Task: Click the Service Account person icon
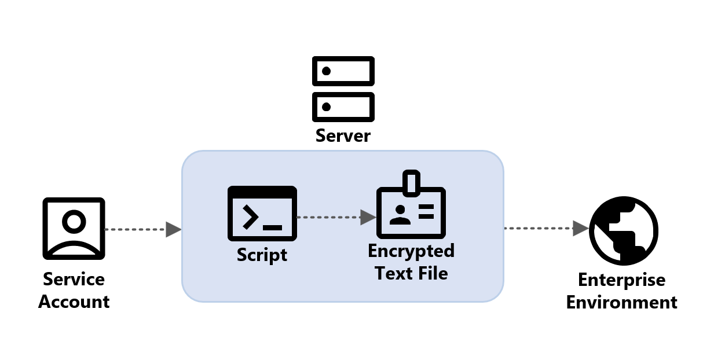pyautogui.click(x=74, y=228)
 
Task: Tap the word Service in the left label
pyautogui.click(x=74, y=280)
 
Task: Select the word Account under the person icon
pyautogui.click(x=74, y=302)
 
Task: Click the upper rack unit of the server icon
pyautogui.click(x=343, y=71)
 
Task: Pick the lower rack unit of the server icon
pyautogui.click(x=343, y=106)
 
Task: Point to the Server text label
pyautogui.click(x=343, y=136)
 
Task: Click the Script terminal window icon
pyautogui.click(x=262, y=214)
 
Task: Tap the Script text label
pyautogui.click(x=262, y=255)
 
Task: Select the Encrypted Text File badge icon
pyautogui.click(x=411, y=211)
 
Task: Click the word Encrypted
pyautogui.click(x=411, y=251)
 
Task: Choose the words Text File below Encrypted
pyautogui.click(x=411, y=273)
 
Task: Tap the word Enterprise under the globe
pyautogui.click(x=622, y=280)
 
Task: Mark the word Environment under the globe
pyautogui.click(x=622, y=303)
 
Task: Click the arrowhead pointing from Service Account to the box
pyautogui.click(x=174, y=230)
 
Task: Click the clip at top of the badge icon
pyautogui.click(x=411, y=181)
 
